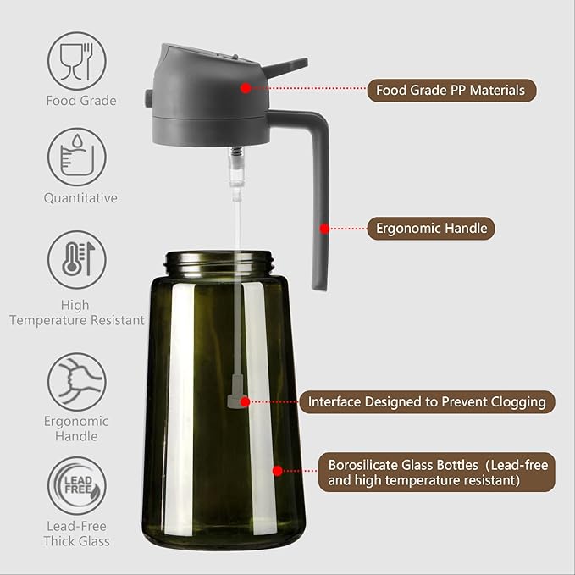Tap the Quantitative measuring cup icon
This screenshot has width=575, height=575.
76,156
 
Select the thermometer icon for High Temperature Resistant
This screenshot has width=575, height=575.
76,260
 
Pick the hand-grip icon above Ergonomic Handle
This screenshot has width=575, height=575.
76,381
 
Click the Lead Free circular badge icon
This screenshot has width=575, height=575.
76,485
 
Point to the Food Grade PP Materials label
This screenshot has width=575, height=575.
451,90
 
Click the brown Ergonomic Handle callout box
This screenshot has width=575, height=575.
431,228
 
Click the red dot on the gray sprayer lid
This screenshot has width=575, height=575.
245,87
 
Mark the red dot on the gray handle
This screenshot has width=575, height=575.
323,228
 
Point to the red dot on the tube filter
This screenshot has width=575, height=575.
245,401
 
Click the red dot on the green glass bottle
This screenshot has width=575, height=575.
276,470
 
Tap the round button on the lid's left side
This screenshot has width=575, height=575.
149,100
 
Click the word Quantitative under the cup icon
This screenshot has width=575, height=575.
80,198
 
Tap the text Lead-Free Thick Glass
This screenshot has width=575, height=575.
77,534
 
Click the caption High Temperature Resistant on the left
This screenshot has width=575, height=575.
76,312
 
